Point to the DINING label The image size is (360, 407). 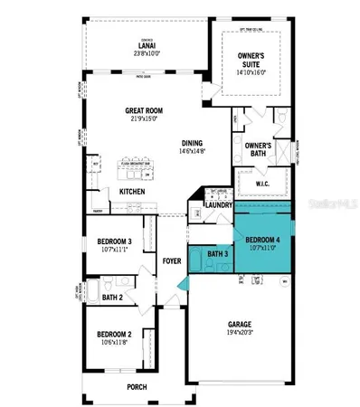tap(192, 143)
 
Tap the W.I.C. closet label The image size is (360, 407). tap(262, 184)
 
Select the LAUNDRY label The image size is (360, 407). tap(220, 204)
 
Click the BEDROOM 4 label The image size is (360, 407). tap(262, 239)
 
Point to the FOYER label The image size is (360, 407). tap(172, 261)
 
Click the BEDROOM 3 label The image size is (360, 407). tap(115, 241)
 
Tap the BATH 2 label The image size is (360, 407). tap(112, 297)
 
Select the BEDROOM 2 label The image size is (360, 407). tap(115, 335)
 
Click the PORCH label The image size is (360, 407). tap(137, 387)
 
